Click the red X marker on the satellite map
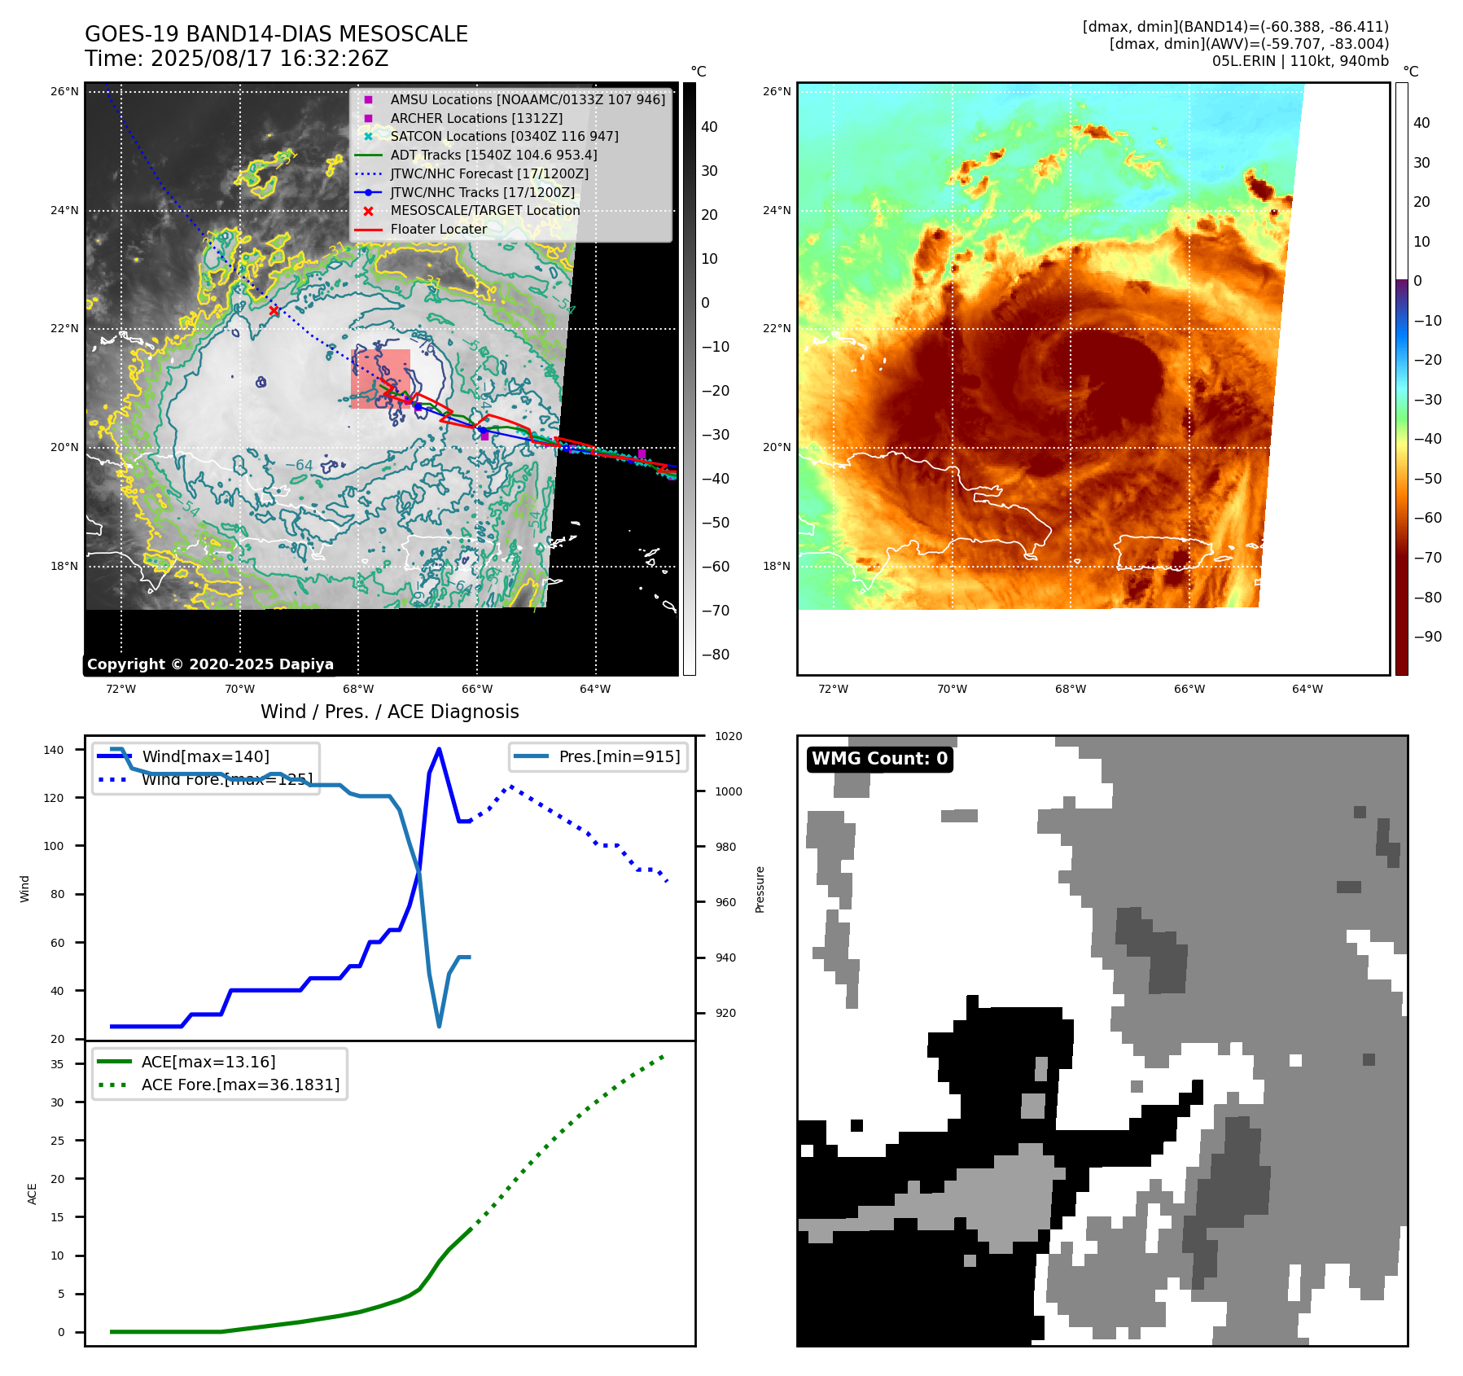pyautogui.click(x=274, y=310)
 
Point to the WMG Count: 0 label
pyautogui.click(x=879, y=759)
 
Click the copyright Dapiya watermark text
pyautogui.click(x=210, y=664)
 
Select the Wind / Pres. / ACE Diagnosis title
pyautogui.click(x=389, y=712)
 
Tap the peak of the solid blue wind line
pyautogui.click(x=440, y=749)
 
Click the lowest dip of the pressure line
pyautogui.click(x=440, y=1026)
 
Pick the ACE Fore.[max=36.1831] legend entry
pyautogui.click(x=240, y=1085)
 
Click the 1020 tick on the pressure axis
pyautogui.click(x=728, y=736)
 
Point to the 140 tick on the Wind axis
pyautogui.click(x=54, y=750)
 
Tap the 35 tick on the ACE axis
pyautogui.click(x=57, y=1064)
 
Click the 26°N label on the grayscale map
pyautogui.click(x=64, y=91)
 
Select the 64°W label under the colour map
pyautogui.click(x=1308, y=689)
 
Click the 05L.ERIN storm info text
pyautogui.click(x=1300, y=61)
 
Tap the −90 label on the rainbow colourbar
pyautogui.click(x=1427, y=637)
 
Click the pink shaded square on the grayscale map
pyautogui.click(x=380, y=379)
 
